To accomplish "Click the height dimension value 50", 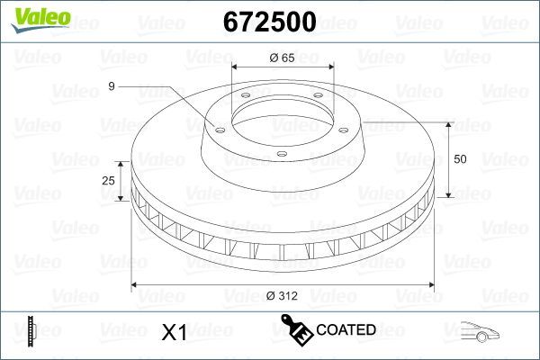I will point(459,159).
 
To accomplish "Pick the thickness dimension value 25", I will point(109,181).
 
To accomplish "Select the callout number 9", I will point(111,86).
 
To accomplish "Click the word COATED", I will point(346,330).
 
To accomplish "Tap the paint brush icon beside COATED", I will point(296,329).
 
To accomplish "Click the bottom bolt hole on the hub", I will point(281,155).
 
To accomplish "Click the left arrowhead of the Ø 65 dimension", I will point(236,67).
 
